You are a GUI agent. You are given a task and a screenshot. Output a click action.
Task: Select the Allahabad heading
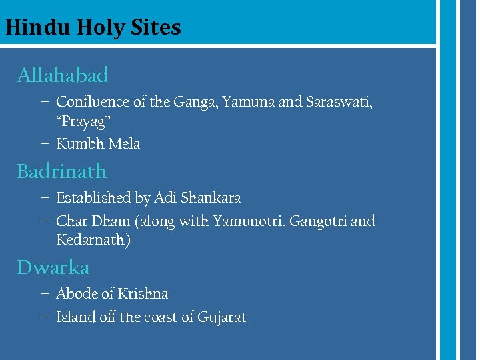63,75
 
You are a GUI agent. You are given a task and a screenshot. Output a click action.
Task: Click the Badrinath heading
62,171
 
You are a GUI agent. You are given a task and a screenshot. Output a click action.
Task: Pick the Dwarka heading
53,267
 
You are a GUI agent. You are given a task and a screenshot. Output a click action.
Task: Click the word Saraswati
338,102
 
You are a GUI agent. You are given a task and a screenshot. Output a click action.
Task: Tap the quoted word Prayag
83,123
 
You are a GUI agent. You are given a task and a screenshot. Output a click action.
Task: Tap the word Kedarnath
93,240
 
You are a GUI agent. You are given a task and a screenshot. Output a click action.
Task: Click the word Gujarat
222,317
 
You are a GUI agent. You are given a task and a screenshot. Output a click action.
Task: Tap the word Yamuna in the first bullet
248,102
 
